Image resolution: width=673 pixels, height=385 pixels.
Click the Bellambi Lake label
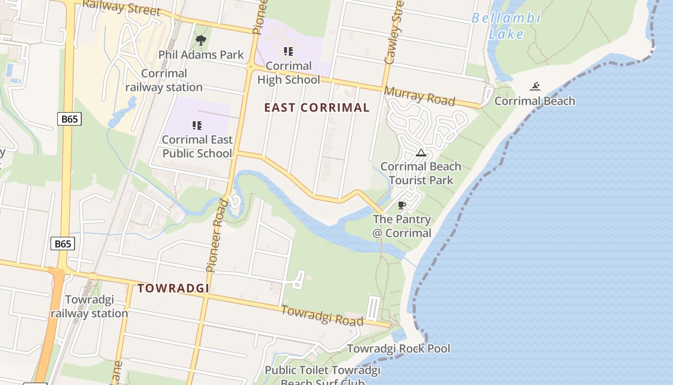click(x=506, y=26)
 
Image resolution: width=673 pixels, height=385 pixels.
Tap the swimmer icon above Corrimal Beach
click(x=535, y=87)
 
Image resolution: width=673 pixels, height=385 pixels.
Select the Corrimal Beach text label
click(x=535, y=101)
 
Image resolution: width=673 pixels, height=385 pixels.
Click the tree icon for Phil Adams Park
click(x=201, y=40)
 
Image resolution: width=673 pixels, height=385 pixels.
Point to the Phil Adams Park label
click(x=201, y=55)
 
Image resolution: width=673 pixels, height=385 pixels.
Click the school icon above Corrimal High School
click(x=288, y=51)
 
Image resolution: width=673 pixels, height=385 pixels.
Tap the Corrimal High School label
click(x=288, y=73)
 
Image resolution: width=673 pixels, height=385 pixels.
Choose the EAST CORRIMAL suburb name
click(x=317, y=108)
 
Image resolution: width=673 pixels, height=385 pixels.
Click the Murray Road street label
click(x=419, y=97)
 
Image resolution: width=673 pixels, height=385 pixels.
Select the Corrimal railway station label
click(x=164, y=80)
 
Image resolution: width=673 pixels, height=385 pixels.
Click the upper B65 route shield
click(x=69, y=119)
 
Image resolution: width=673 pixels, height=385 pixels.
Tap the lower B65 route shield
click(x=62, y=244)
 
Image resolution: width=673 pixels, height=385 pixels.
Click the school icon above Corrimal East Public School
click(x=197, y=126)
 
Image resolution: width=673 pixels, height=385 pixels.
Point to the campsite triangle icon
click(x=421, y=153)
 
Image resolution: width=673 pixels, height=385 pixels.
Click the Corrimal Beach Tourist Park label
click(x=421, y=173)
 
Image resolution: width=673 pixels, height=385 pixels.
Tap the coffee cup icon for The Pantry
click(x=402, y=205)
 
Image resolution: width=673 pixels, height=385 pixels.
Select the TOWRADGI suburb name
click(x=174, y=288)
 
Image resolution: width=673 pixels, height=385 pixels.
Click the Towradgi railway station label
click(x=89, y=307)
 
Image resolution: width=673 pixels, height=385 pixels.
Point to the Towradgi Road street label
click(x=322, y=315)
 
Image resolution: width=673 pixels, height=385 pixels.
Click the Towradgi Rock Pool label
click(x=399, y=348)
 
